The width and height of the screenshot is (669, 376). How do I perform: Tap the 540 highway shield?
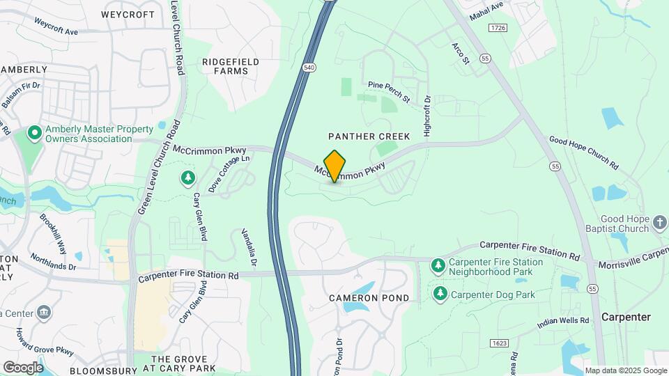(308, 67)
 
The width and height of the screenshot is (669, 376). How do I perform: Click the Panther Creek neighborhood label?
(369, 136)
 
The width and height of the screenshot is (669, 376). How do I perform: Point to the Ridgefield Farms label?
(230, 66)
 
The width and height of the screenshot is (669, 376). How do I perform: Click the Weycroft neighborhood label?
(128, 14)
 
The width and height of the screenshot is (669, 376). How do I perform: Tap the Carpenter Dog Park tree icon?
(440, 294)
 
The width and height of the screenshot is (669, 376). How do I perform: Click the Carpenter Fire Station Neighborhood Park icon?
(438, 265)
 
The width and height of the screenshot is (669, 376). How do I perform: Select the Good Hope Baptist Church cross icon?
(659, 224)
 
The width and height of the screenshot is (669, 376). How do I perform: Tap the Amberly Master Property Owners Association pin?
(33, 132)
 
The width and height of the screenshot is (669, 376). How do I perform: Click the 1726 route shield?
(497, 28)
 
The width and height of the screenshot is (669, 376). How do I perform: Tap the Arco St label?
(461, 54)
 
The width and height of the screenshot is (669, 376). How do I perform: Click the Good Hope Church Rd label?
(583, 152)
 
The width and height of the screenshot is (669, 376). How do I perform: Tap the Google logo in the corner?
(23, 368)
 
